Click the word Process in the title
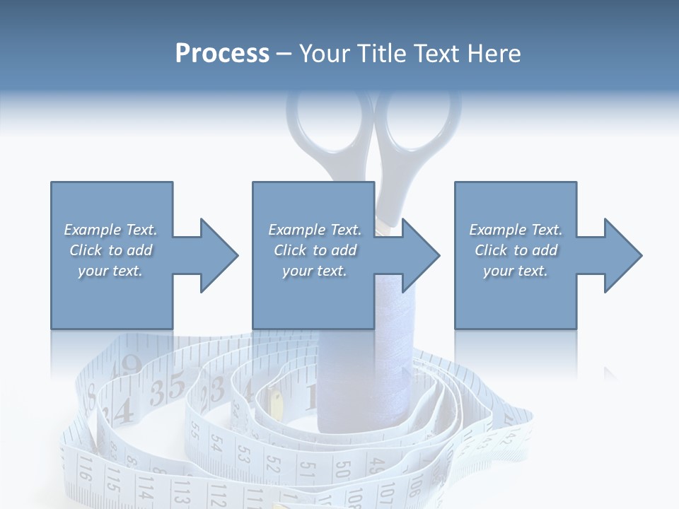[x=222, y=54]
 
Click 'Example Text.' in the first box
[x=111, y=230]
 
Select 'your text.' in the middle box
[x=314, y=271]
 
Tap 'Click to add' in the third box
[x=516, y=250]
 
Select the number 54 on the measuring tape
[x=215, y=443]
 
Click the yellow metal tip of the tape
[x=277, y=404]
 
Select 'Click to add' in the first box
[x=111, y=250]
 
